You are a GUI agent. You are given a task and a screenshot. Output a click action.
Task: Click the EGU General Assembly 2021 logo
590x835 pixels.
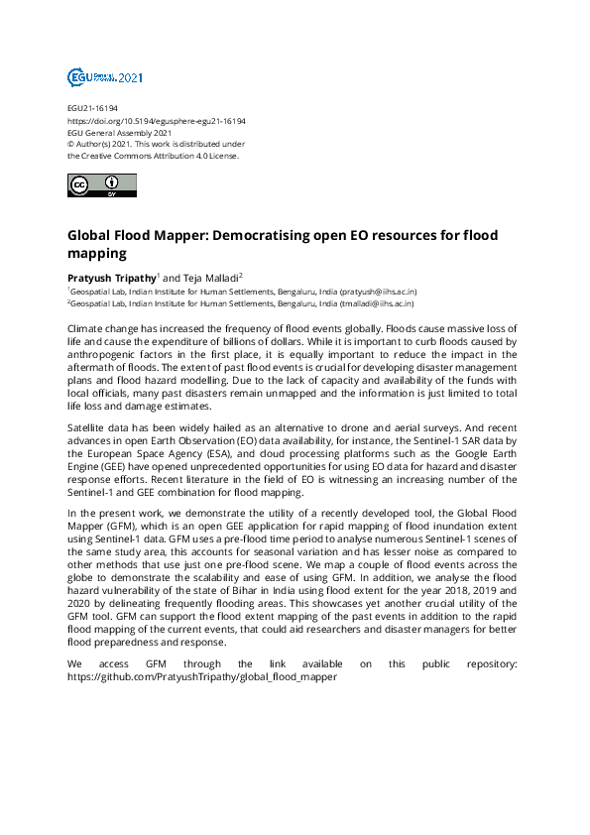[105, 76]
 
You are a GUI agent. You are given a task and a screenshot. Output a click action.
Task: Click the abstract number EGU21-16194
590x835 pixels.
[89, 109]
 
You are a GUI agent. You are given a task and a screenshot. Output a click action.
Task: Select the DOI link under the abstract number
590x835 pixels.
[156, 121]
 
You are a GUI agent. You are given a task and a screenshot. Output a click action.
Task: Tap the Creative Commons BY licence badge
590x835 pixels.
[101, 184]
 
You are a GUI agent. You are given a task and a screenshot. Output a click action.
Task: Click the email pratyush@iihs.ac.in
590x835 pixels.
[379, 293]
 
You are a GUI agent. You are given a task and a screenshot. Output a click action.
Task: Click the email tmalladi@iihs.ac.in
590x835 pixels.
[379, 304]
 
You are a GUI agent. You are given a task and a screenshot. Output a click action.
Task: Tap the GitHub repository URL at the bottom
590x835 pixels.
[202, 676]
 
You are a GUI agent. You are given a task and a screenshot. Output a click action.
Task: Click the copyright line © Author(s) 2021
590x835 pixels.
[109, 144]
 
